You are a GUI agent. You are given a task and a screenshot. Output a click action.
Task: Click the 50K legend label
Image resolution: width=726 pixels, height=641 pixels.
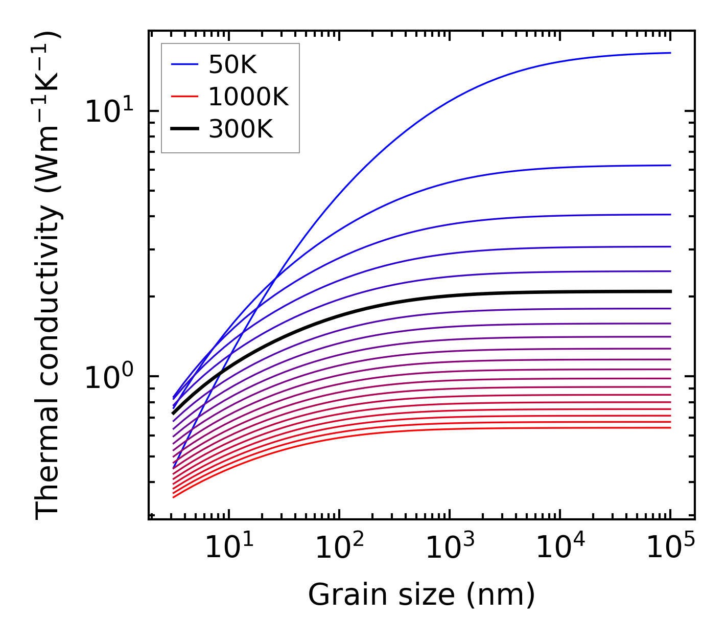click(x=232, y=65)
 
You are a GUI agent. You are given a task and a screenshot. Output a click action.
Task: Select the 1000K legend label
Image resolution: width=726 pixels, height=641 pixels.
click(x=248, y=97)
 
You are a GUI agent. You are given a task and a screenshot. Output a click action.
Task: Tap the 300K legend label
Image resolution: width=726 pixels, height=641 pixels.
click(x=241, y=130)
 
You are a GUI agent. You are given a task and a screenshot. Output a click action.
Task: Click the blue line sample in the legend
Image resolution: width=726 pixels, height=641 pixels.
click(x=184, y=65)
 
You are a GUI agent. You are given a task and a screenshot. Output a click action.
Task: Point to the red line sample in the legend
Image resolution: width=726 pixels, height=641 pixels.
click(x=184, y=97)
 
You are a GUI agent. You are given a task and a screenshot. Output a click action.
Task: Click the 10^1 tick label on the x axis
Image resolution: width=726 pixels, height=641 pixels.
click(x=228, y=549)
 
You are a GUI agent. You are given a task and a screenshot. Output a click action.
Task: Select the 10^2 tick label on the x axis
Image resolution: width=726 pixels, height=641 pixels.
click(x=339, y=549)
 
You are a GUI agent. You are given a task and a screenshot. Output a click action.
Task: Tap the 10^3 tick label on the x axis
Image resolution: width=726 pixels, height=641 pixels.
click(x=450, y=549)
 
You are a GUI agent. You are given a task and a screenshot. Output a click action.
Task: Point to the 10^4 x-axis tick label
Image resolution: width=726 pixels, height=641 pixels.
click(x=560, y=549)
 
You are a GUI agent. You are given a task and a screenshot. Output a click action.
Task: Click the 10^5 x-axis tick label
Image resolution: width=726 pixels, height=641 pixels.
click(x=670, y=549)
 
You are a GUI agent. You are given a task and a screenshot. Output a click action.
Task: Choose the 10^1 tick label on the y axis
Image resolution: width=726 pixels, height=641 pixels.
click(x=109, y=111)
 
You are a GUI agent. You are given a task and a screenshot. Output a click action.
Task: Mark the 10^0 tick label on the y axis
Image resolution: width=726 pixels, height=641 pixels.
click(x=109, y=377)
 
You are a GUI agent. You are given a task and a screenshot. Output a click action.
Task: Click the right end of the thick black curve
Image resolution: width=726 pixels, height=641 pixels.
click(x=670, y=291)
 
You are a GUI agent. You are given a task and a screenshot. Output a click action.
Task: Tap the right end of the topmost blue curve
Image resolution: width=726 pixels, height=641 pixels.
click(x=670, y=53)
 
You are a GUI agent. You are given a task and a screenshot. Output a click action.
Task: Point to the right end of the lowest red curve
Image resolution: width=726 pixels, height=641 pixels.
click(x=670, y=427)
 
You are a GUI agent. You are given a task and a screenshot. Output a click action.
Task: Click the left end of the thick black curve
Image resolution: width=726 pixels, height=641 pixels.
click(x=174, y=413)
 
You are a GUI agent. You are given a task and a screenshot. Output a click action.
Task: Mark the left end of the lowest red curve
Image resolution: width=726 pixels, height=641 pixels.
click(x=174, y=497)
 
